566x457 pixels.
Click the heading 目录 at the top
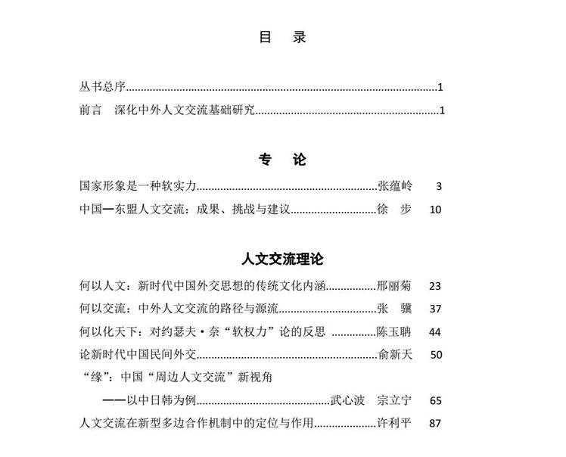(x=282, y=37)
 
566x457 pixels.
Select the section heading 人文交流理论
(x=282, y=259)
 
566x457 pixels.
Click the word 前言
(x=91, y=110)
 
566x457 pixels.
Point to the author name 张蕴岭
(x=394, y=185)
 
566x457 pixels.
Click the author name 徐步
(x=394, y=209)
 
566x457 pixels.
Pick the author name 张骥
(x=394, y=308)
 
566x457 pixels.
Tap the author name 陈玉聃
(x=394, y=331)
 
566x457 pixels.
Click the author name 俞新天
(x=394, y=354)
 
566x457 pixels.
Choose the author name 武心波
(x=348, y=400)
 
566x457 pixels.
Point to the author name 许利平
(x=394, y=423)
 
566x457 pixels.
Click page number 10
(x=434, y=210)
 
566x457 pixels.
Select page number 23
(x=434, y=286)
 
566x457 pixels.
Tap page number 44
(x=434, y=332)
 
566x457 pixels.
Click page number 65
(x=434, y=401)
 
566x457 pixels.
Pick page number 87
(x=434, y=424)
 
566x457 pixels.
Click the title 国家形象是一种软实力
(x=138, y=185)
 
